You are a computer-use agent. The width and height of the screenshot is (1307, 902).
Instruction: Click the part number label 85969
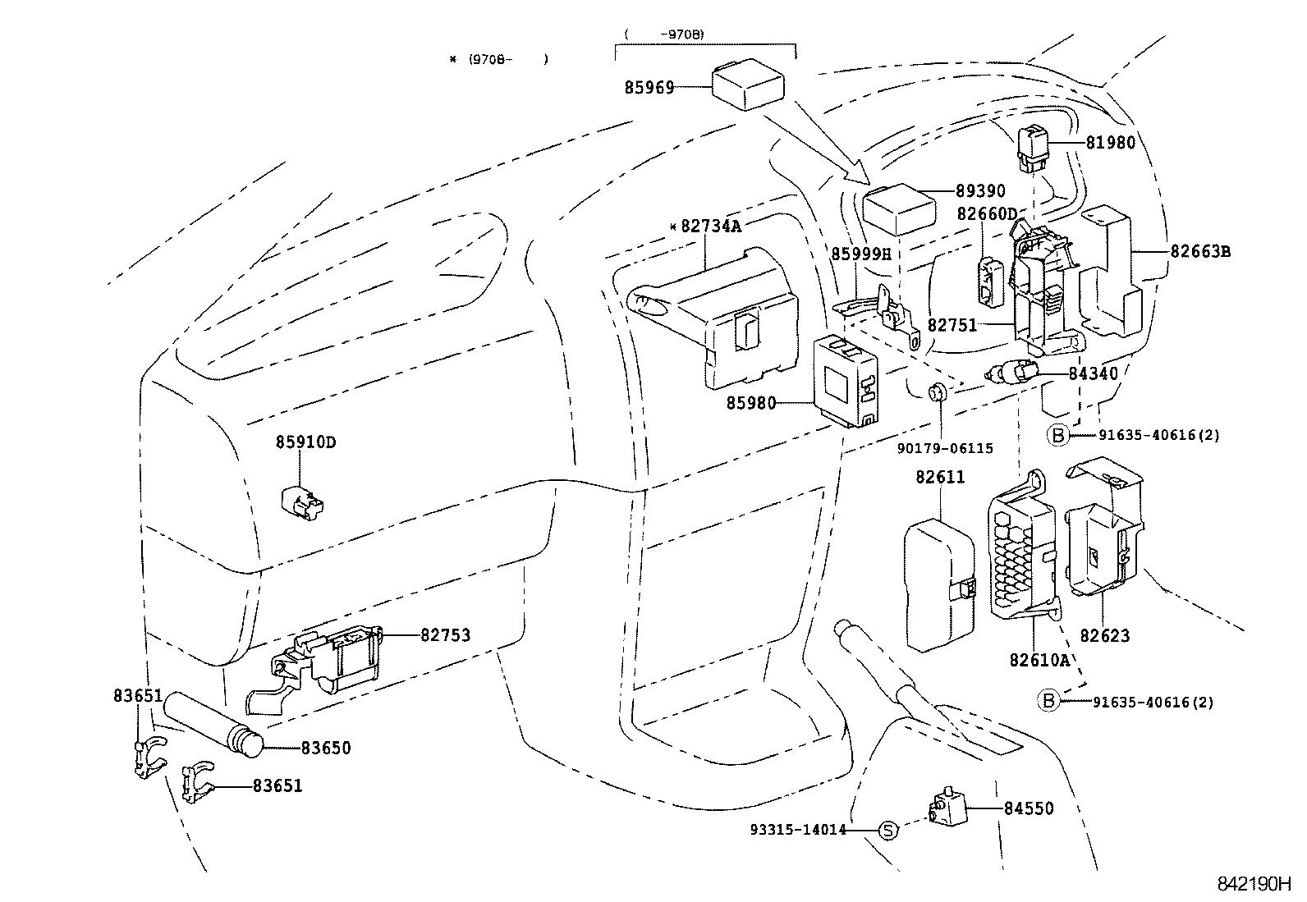pyautogui.click(x=649, y=87)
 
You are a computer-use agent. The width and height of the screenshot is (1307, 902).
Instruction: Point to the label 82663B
pyautogui.click(x=1199, y=251)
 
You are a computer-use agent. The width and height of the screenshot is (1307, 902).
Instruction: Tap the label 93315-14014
pyautogui.click(x=797, y=830)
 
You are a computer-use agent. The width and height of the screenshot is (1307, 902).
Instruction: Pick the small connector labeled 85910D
pyautogui.click(x=302, y=501)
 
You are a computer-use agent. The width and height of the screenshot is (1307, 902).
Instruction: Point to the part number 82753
pyautogui.click(x=446, y=634)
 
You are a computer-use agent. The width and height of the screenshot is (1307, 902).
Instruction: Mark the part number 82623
pyautogui.click(x=1104, y=635)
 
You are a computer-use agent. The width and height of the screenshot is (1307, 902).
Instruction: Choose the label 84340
pyautogui.click(x=1093, y=373)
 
